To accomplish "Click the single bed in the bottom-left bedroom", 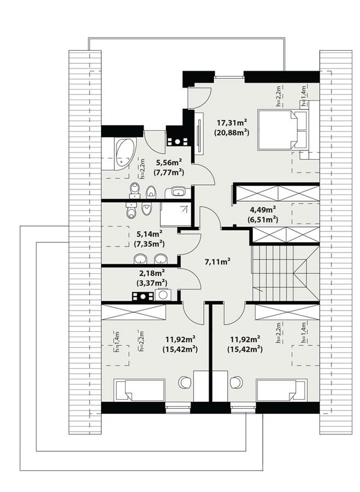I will [x=139, y=390].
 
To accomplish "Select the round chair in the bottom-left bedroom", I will [x=185, y=382].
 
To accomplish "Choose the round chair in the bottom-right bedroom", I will [x=237, y=382].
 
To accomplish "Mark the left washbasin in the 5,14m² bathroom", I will [x=141, y=259].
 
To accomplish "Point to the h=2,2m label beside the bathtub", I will [x=141, y=169].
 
